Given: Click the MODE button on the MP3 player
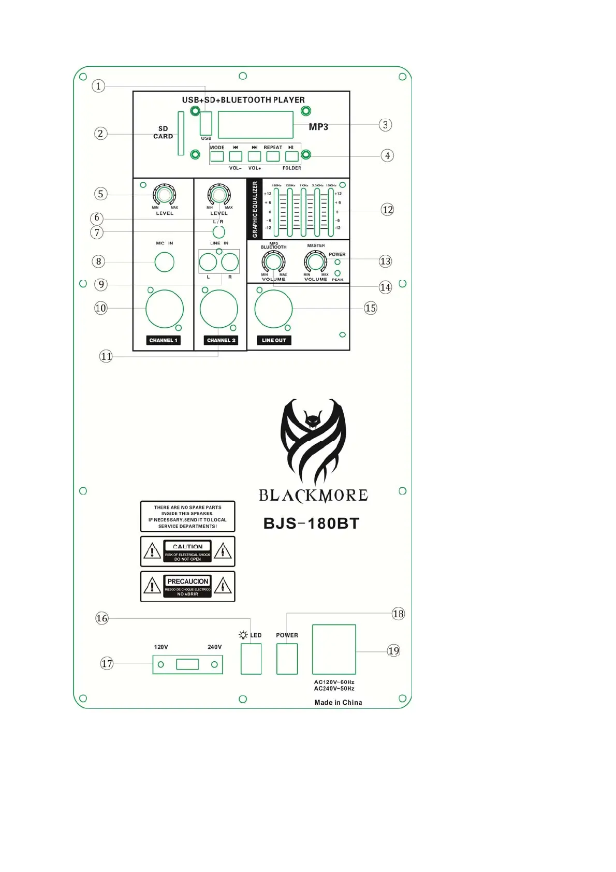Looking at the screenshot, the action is tap(217, 156).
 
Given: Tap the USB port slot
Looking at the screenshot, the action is tap(206, 123).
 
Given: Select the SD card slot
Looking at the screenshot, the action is tap(181, 133).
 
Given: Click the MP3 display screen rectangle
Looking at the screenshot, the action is tap(256, 125).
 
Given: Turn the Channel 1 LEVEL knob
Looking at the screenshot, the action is tap(164, 195).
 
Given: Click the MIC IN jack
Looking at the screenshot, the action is tap(165, 262).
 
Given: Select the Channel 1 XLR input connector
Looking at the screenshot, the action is tap(165, 309).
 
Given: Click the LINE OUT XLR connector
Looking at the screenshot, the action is tap(273, 309).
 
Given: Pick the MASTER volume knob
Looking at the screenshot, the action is tap(315, 261).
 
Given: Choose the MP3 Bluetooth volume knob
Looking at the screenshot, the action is tap(273, 262).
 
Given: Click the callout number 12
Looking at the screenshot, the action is tap(387, 210).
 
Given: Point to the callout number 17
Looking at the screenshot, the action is tap(107, 663).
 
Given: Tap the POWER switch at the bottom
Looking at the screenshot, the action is tap(287, 659).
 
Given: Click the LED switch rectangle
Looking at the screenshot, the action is tap(251, 659).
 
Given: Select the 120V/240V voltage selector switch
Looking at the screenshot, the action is tap(187, 664).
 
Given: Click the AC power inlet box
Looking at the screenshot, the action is tap(334, 649).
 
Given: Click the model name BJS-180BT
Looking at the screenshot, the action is tap(311, 524).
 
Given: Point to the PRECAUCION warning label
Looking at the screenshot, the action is tap(187, 586).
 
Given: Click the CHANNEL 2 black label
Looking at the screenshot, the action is tap(221, 340).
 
